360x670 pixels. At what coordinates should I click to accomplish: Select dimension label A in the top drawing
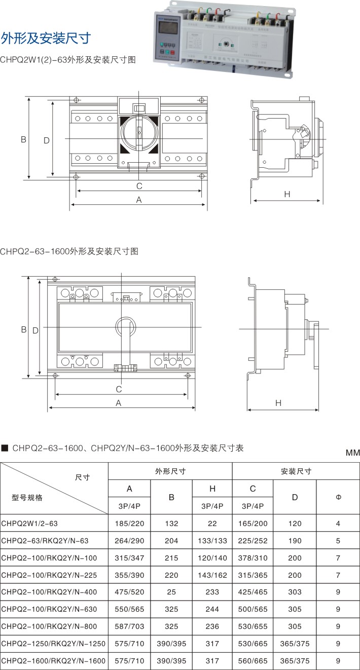(138, 200)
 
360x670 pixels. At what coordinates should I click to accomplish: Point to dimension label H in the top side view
(286, 194)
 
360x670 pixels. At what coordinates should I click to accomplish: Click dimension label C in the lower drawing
(119, 389)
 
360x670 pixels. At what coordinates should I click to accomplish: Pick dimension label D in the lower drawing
(35, 330)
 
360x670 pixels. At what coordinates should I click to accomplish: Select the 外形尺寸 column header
(170, 471)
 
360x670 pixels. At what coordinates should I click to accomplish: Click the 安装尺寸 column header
(296, 471)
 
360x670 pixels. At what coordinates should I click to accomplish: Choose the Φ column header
(338, 498)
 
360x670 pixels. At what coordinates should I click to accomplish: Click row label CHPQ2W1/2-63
(26, 523)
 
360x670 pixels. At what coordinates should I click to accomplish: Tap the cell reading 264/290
(129, 540)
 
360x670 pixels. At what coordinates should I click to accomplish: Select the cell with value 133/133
(212, 540)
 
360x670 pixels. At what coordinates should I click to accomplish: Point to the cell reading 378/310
(253, 557)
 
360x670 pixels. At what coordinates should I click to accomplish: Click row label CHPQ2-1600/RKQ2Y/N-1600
(53, 660)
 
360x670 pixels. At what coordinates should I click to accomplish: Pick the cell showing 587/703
(129, 626)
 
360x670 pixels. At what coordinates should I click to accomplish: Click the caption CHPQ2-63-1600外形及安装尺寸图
(69, 251)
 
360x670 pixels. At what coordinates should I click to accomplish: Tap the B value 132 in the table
(171, 523)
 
